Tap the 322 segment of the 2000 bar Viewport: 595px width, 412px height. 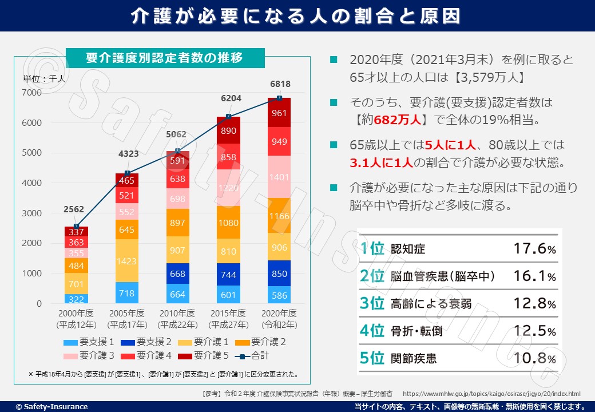(x=76, y=299)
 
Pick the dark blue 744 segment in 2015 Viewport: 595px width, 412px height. (x=228, y=275)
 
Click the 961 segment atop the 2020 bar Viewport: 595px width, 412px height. (x=279, y=113)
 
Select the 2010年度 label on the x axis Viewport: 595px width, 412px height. (x=177, y=314)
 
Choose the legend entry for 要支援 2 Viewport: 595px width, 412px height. (x=148, y=342)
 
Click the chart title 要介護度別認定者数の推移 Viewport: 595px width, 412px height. (x=165, y=58)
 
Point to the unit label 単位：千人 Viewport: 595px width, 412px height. (x=44, y=80)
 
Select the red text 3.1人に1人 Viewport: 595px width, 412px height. (x=381, y=163)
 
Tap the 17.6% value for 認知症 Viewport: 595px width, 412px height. (x=533, y=249)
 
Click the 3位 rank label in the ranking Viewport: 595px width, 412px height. (x=372, y=303)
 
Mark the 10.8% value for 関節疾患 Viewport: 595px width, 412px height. (x=533, y=359)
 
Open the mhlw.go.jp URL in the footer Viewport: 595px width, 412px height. (x=491, y=394)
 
